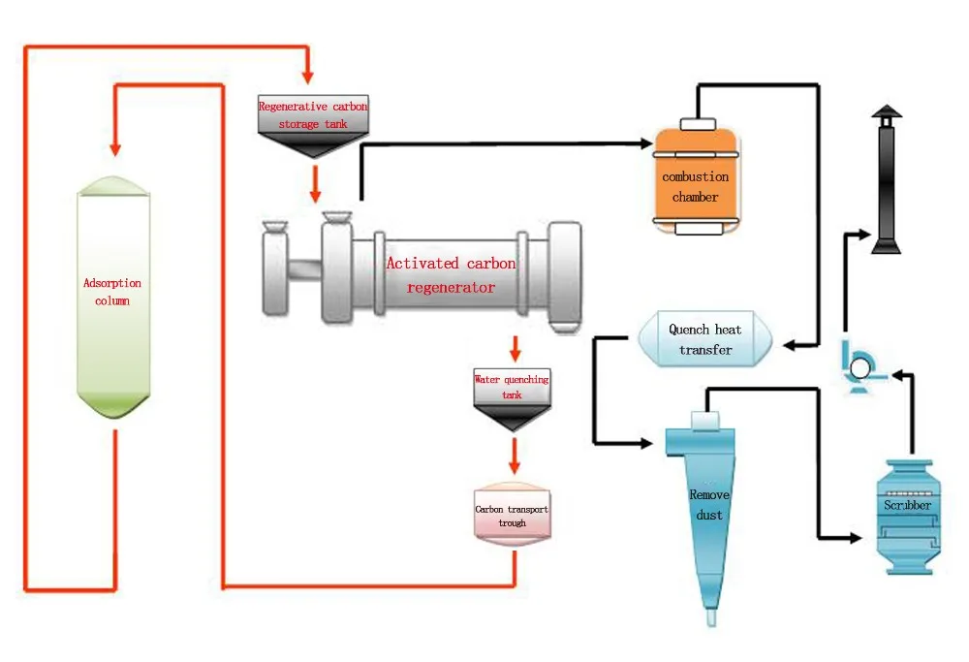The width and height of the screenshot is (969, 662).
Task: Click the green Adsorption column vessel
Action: pyautogui.click(x=113, y=296)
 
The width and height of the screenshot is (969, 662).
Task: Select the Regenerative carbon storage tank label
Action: pyautogui.click(x=313, y=113)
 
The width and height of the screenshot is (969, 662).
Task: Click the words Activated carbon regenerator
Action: pyautogui.click(x=451, y=275)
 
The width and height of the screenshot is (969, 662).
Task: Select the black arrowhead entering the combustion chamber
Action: pyautogui.click(x=646, y=144)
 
